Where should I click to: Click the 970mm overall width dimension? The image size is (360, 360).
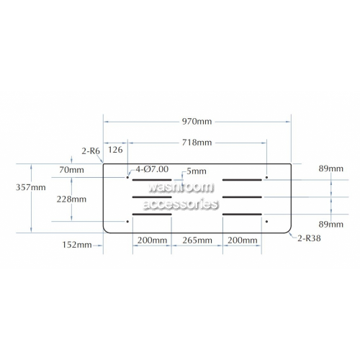coord(197,122)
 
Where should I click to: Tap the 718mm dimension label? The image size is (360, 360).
coord(197,143)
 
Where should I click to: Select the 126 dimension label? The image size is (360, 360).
coord(115,150)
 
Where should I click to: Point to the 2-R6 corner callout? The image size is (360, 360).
coord(91,151)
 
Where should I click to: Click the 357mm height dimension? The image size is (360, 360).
coord(31,187)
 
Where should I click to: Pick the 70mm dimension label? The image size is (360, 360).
coord(71,170)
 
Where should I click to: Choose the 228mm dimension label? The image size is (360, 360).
coord(71,199)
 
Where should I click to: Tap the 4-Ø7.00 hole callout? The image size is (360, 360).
coord(152,169)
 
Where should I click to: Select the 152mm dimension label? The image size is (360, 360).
coord(77,245)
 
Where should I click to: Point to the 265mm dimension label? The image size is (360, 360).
coord(197,240)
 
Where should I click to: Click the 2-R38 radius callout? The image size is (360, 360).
coord(309,238)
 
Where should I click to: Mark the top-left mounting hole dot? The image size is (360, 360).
coord(127,177)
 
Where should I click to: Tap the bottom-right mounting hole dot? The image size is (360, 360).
coord(266,222)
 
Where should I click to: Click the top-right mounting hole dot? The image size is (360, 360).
coord(266,177)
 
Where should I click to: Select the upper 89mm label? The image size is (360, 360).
coord(331,168)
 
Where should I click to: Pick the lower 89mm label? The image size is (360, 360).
coord(331,225)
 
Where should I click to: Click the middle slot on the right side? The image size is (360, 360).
coord(242,197)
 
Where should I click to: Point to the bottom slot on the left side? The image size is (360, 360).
coord(152,215)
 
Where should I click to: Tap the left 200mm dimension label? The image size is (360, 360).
coord(152,240)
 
